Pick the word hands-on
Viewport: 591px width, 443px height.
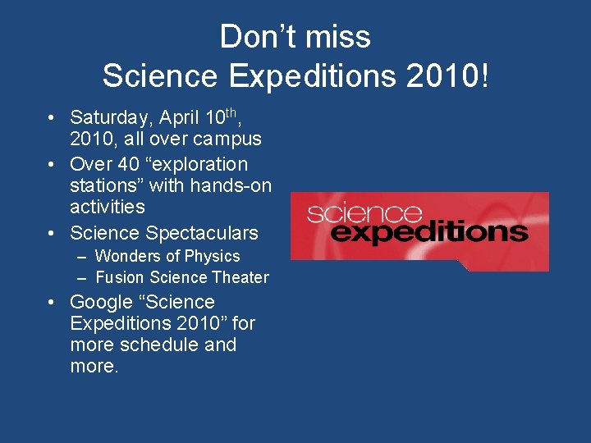(233, 185)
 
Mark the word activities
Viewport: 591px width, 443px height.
(108, 207)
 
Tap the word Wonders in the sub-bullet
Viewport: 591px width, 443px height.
(126, 257)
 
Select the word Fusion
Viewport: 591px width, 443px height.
(120, 278)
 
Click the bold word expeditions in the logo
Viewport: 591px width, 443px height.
(434, 232)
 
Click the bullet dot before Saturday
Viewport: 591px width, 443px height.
(51, 118)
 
